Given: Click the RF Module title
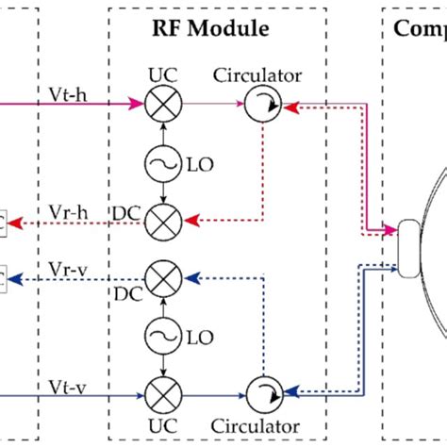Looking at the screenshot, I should [x=210, y=28].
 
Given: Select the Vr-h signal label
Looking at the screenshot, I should [x=68, y=212].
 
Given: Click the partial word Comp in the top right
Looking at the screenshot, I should [x=420, y=28].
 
